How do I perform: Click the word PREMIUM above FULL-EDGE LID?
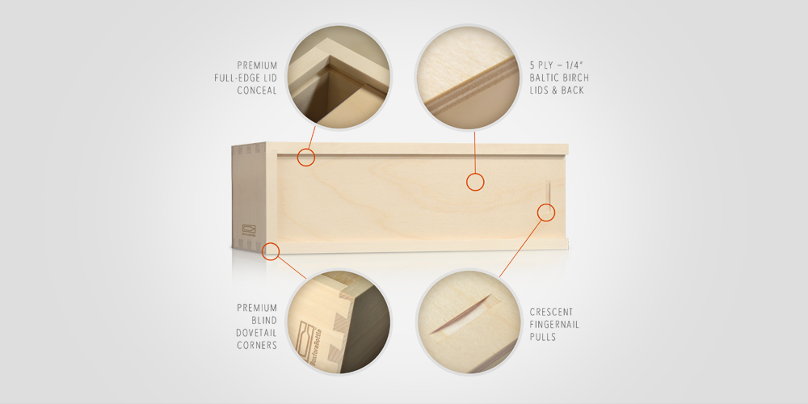257,65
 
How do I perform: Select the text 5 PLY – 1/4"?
557,65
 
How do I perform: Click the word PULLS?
544,337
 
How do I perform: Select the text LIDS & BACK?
557,90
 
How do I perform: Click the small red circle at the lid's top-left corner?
305,158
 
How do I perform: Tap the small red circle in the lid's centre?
475,182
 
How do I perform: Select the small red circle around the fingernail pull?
547,213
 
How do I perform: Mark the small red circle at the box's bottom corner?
271,250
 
